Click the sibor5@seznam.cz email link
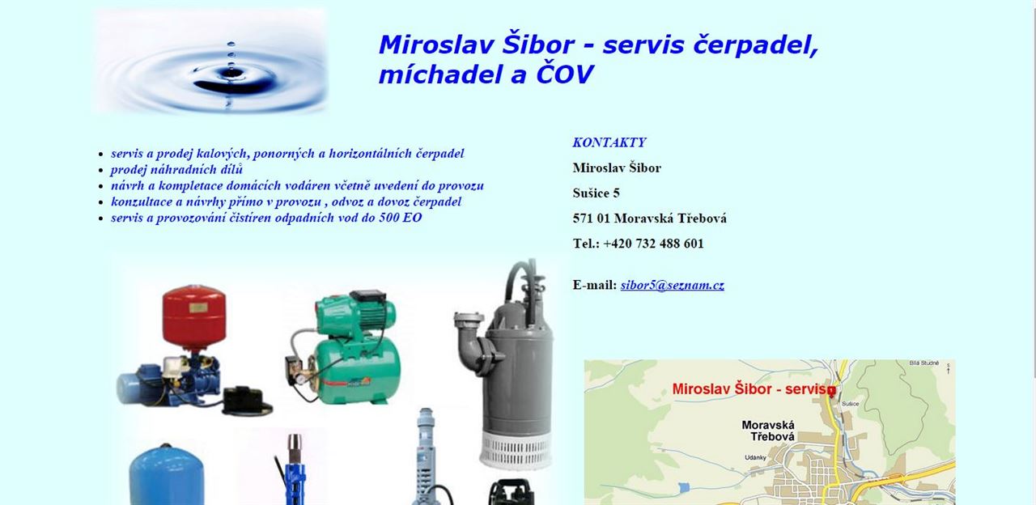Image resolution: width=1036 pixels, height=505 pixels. pos(672,285)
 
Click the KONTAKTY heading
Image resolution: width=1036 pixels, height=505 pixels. pos(609,142)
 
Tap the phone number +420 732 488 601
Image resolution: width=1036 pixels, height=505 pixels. pos(653,244)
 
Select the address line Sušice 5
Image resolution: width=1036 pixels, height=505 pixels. pos(596,193)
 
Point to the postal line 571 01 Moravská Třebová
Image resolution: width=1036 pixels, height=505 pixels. pos(649,219)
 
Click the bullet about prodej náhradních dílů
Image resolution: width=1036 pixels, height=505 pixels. pos(176,170)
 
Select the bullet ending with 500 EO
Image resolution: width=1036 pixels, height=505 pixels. pos(266,218)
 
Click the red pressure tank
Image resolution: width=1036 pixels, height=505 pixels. pos(194,317)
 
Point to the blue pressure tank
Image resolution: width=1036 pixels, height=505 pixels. pos(167,475)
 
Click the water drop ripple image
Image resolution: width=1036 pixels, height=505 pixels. pos(211,61)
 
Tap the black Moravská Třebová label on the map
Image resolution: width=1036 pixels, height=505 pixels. pos(768,431)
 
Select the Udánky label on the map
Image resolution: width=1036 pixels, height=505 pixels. pos(755,457)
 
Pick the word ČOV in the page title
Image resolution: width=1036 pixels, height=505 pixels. pos(564,74)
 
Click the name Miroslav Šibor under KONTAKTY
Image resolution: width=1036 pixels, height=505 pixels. pos(617,168)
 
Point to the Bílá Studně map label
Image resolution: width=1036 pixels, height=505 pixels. pos(924,363)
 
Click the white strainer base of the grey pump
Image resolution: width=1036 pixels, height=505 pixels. pos(516,451)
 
